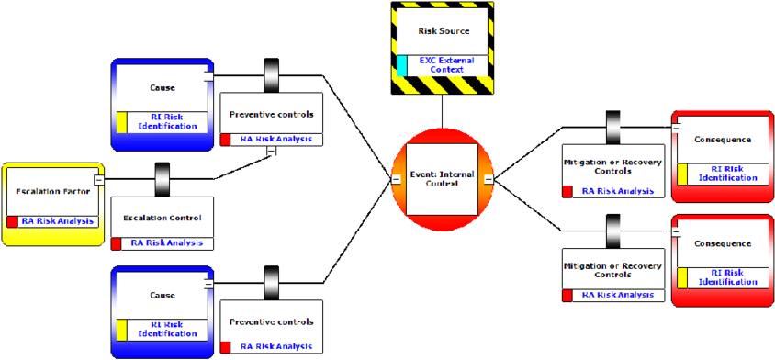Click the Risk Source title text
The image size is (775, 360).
coord(443,30)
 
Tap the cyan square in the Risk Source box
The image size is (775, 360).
coord(401,64)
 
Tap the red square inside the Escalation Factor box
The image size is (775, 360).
coord(12,221)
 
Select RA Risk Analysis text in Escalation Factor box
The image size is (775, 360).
coord(58,221)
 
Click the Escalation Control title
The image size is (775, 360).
coord(162,218)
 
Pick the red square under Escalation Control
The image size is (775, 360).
coord(117,243)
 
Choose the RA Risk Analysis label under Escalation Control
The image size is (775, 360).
coord(167,243)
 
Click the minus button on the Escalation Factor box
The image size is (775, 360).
coord(98,180)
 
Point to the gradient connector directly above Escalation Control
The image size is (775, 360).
coord(163,178)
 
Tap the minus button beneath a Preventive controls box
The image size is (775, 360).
coord(271,152)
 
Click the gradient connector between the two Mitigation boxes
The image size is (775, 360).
coord(613,230)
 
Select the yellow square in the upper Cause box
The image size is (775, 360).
coord(121,121)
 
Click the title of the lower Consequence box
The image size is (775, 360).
coord(723,244)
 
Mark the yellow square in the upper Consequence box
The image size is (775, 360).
coord(682,173)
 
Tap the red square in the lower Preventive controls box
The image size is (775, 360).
coord(226,347)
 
